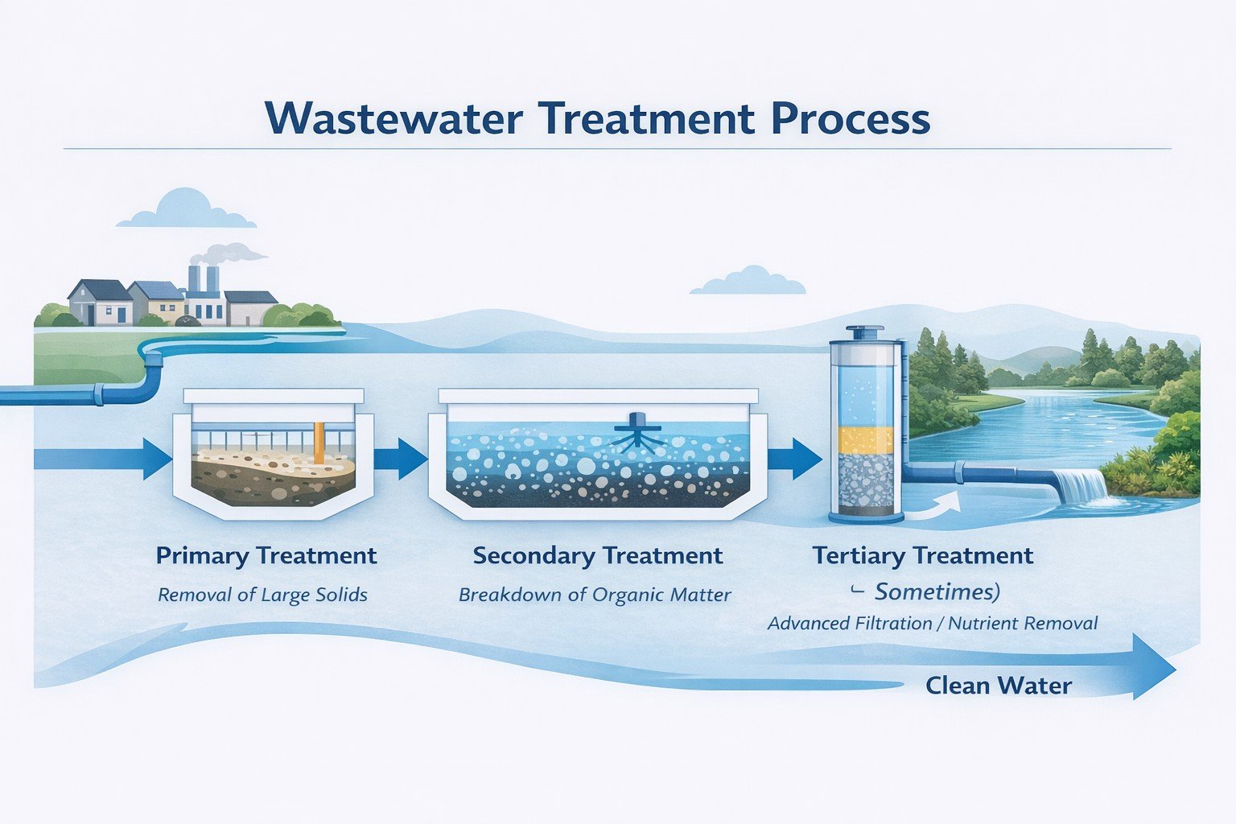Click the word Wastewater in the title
click(x=393, y=118)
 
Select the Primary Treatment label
click(x=266, y=556)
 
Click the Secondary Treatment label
click(x=598, y=556)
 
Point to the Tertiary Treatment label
click(x=923, y=556)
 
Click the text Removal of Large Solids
click(x=262, y=595)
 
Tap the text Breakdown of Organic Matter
click(x=595, y=595)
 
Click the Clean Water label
click(x=999, y=686)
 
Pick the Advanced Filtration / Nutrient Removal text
click(x=933, y=624)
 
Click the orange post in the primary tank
click(x=319, y=443)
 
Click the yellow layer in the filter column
click(x=867, y=440)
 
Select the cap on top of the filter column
click(x=865, y=332)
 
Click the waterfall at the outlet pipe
click(x=1081, y=486)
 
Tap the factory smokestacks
click(x=203, y=278)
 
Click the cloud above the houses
click(x=186, y=210)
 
